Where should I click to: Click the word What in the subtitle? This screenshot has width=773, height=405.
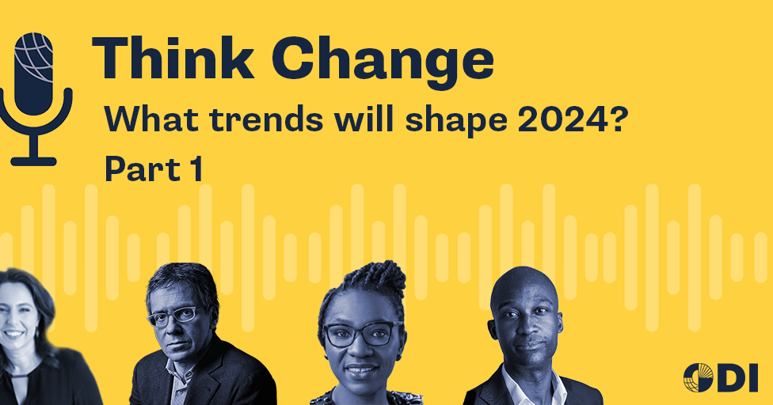coord(144,120)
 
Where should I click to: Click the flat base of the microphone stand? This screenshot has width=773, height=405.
coord(34,161)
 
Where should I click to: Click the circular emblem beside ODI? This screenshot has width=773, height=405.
coord(698,377)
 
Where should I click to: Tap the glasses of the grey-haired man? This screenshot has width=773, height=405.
coord(173,316)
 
